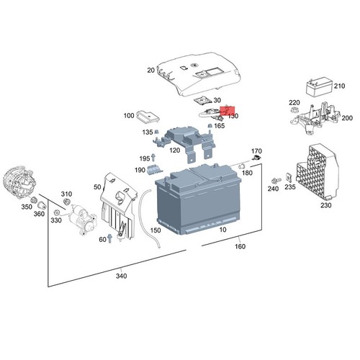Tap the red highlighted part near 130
click(228, 112)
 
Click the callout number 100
click(129, 115)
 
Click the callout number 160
click(240, 247)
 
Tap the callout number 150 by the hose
click(156, 230)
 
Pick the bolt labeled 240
click(275, 180)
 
